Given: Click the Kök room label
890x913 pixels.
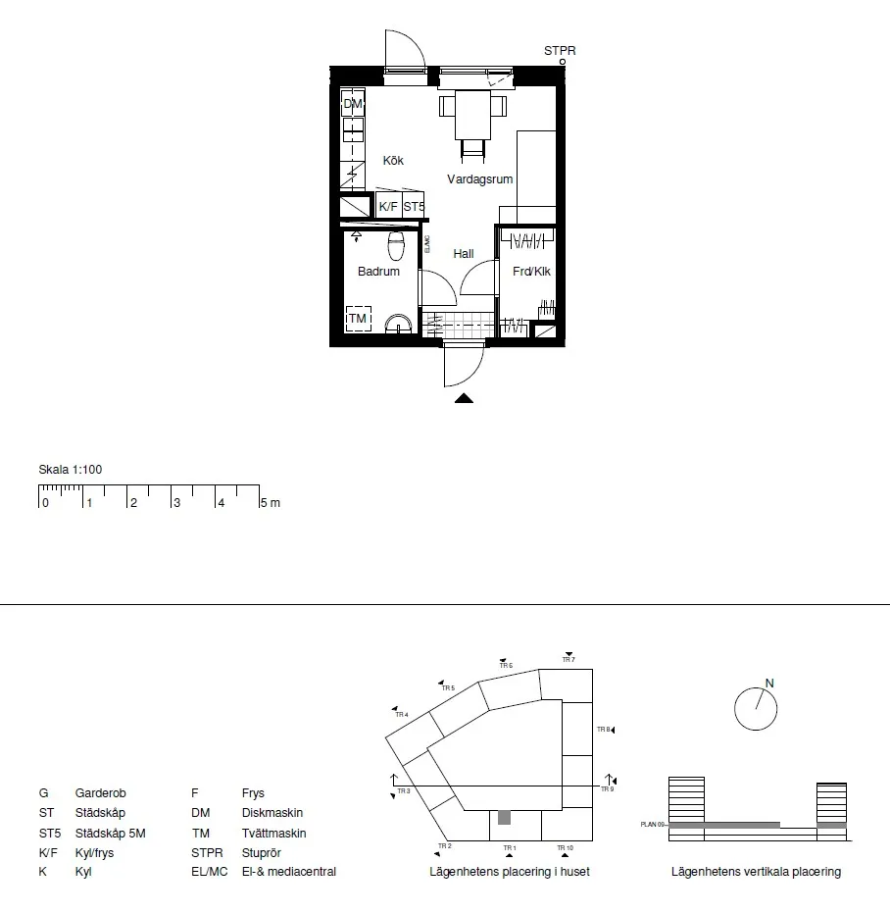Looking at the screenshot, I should (393, 161).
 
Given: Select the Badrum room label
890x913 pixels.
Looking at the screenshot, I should (378, 272).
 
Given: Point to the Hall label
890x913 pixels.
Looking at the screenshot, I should (464, 254).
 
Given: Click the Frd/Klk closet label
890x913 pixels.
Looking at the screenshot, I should (531, 272).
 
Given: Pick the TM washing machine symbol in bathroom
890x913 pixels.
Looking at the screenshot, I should (358, 319).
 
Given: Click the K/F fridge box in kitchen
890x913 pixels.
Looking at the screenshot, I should (388, 207).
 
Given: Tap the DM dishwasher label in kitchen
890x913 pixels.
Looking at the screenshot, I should (353, 104).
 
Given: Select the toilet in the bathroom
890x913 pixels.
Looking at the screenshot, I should (397, 241).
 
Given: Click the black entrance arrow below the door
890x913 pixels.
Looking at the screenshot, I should (465, 398).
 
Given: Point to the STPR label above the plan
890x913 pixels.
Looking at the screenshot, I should (560, 50).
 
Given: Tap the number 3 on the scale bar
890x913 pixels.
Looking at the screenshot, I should (176, 503).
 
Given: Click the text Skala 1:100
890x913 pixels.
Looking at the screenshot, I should (70, 470).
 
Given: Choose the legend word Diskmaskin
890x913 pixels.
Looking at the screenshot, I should (272, 813).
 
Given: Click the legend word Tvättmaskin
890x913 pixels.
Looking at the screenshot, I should (273, 834).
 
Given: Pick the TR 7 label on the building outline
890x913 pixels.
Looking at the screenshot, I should (568, 660).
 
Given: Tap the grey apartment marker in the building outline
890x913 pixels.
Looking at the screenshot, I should (505, 817).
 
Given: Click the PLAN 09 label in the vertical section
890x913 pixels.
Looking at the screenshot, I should (653, 826).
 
